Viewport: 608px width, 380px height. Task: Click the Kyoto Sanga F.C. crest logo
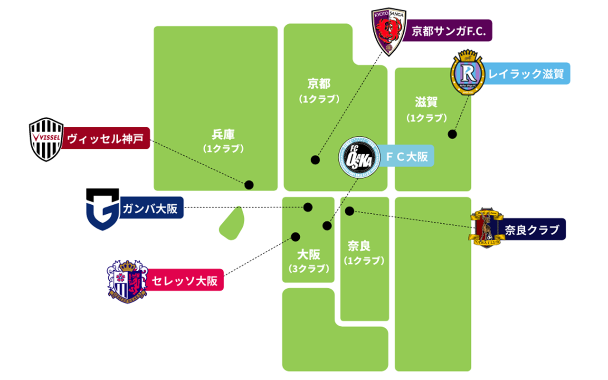point(389,32)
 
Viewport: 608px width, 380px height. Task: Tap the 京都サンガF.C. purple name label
point(447,30)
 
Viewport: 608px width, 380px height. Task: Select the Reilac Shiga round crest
point(467,73)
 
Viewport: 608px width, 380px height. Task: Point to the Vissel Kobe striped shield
point(46,139)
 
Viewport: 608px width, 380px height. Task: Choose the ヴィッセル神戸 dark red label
point(106,138)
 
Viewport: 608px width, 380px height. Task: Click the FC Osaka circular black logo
point(359,157)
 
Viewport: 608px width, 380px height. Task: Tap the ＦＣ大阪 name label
point(406,156)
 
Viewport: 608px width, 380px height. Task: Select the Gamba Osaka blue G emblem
point(103,209)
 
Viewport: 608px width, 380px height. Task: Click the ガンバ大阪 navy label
point(151,208)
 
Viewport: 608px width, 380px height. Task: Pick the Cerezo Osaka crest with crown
point(127,282)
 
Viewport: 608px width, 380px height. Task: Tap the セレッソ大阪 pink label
point(185,280)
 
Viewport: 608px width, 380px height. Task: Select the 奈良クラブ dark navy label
point(532,229)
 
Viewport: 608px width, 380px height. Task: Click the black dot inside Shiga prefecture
point(452,134)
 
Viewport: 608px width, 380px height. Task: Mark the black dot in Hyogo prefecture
point(249,185)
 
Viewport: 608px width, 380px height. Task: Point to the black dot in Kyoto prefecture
point(315,160)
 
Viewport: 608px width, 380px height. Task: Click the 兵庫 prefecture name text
point(223,134)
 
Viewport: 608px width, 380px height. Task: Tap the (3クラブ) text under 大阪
point(309,269)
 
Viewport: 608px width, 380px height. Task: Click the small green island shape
point(232,224)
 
